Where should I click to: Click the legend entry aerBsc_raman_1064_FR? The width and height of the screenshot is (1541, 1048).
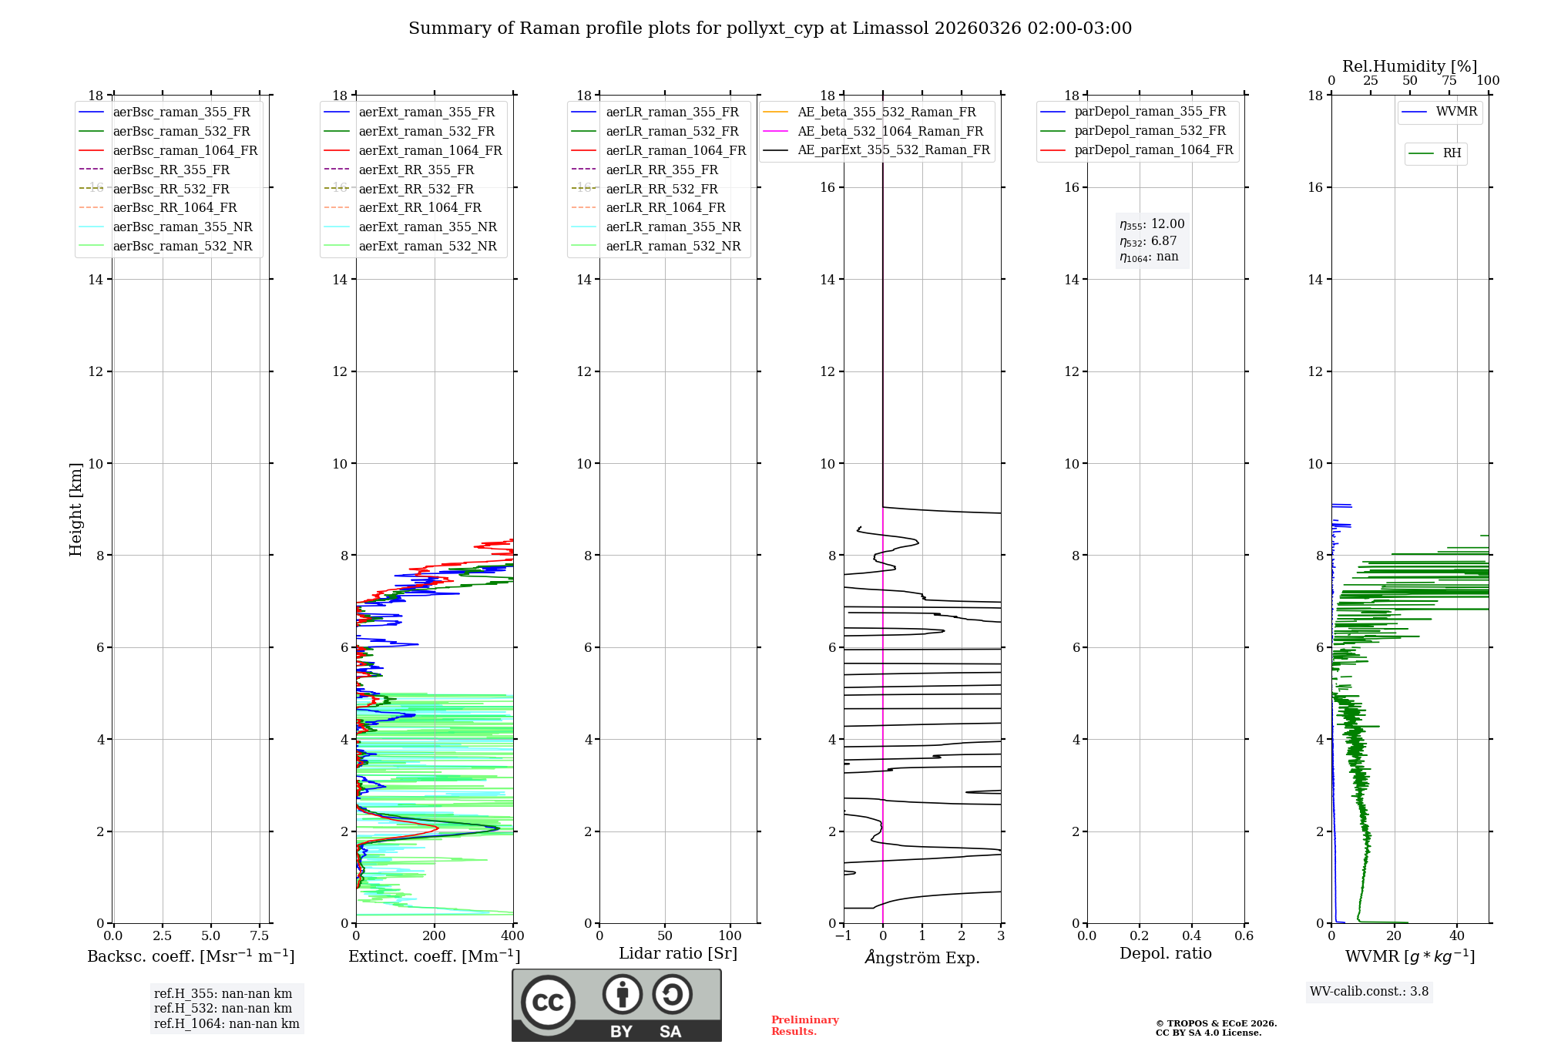[x=185, y=151]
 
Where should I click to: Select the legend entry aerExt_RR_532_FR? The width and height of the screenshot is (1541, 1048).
[x=416, y=189]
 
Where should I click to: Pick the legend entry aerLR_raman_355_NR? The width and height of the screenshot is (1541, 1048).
[x=673, y=227]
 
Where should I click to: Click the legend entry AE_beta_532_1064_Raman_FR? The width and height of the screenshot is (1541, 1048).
[x=890, y=132]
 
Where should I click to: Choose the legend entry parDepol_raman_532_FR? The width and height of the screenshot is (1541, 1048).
[x=1150, y=131]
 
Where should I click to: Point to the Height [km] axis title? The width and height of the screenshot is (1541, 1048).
[x=76, y=509]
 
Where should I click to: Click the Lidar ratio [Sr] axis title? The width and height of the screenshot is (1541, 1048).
[x=678, y=954]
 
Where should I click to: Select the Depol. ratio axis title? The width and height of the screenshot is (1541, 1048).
[x=1165, y=954]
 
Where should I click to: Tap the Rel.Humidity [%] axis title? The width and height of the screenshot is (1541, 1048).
[x=1409, y=66]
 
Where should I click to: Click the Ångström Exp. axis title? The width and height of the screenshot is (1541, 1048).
[x=922, y=958]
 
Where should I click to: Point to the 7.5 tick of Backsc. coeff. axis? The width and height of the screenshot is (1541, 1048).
[x=260, y=936]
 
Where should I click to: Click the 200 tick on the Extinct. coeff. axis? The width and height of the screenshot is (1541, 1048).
[x=435, y=936]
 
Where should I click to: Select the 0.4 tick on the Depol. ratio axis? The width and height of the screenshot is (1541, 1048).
[x=1192, y=936]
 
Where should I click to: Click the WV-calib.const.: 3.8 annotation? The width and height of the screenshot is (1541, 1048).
[x=1369, y=992]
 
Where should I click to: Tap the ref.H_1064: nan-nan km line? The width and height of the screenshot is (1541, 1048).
[x=227, y=1024]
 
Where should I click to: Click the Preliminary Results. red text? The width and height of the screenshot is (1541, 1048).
[x=804, y=1026]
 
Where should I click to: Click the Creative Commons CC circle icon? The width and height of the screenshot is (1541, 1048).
[x=548, y=1003]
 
